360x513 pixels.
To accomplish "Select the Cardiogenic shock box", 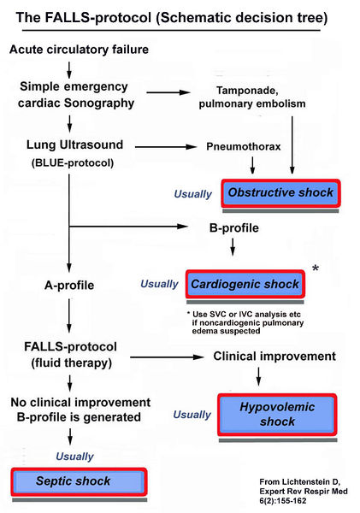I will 245,284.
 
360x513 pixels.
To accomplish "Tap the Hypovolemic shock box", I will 278,415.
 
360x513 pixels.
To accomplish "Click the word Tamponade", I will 257,88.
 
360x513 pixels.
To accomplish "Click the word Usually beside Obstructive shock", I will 192,194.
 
